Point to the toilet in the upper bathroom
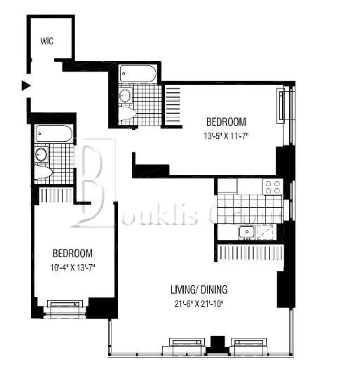pyautogui.click(x=130, y=113)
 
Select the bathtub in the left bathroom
pyautogui.click(x=53, y=133)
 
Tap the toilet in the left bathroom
pyautogui.click(x=43, y=173)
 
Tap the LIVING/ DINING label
pyautogui.click(x=199, y=289)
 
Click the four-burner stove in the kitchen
pyautogui.click(x=272, y=187)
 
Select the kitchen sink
pyautogui.click(x=248, y=232)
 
